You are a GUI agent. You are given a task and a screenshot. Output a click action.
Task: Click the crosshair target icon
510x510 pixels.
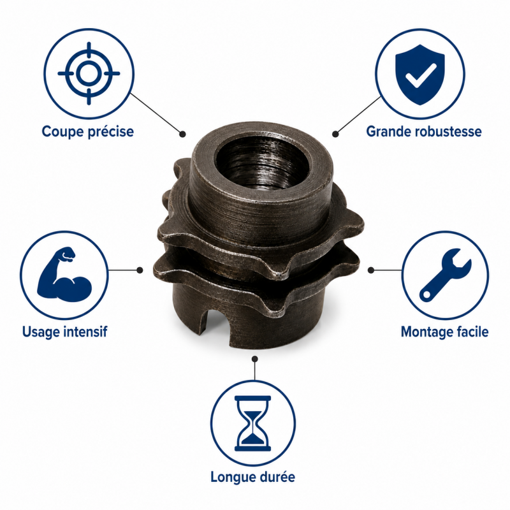pyautogui.click(x=89, y=73)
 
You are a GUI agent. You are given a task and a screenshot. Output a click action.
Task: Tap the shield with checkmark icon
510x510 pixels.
pyautogui.click(x=420, y=75)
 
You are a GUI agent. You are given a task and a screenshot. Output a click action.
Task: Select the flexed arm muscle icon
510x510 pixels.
pyautogui.click(x=64, y=274)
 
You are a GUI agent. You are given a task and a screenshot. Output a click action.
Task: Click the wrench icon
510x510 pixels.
pyautogui.click(x=445, y=275)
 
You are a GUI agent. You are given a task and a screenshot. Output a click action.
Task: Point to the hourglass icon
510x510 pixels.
pyautogui.click(x=252, y=423)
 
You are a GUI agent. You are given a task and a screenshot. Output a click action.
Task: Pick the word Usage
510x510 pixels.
pyautogui.click(x=41, y=332)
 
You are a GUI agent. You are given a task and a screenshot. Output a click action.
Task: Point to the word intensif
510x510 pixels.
pyautogui.click(x=85, y=331)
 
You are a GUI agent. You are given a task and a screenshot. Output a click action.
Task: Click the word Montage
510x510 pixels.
pyautogui.click(x=426, y=332)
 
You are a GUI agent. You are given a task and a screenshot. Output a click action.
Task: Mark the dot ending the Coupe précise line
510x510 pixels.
pyautogui.click(x=183, y=134)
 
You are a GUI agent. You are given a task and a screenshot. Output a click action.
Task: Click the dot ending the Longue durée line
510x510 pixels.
pyautogui.click(x=255, y=359)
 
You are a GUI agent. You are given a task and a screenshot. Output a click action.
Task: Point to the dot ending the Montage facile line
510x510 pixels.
pyautogui.click(x=371, y=270)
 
